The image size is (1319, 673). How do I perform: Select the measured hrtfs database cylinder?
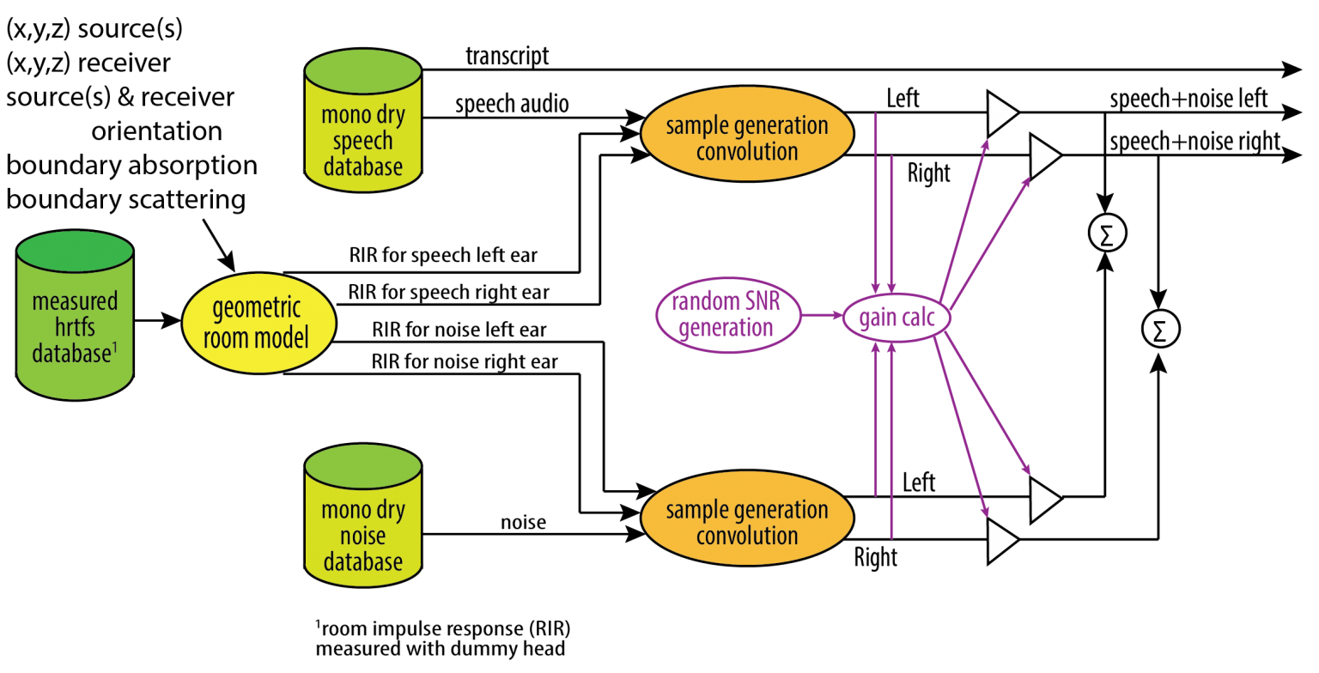(x=75, y=314)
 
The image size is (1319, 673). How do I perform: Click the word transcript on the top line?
(x=507, y=57)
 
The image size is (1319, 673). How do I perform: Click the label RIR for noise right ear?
(x=465, y=361)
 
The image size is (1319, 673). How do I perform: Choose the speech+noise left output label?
(x=1188, y=99)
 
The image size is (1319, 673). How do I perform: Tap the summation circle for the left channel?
(x=1104, y=232)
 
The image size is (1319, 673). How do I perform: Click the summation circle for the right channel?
(x=1161, y=326)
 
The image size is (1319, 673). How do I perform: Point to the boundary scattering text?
(x=126, y=199)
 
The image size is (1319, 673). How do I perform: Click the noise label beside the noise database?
(x=523, y=521)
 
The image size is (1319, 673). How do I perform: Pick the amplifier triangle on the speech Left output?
(x=1000, y=112)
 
